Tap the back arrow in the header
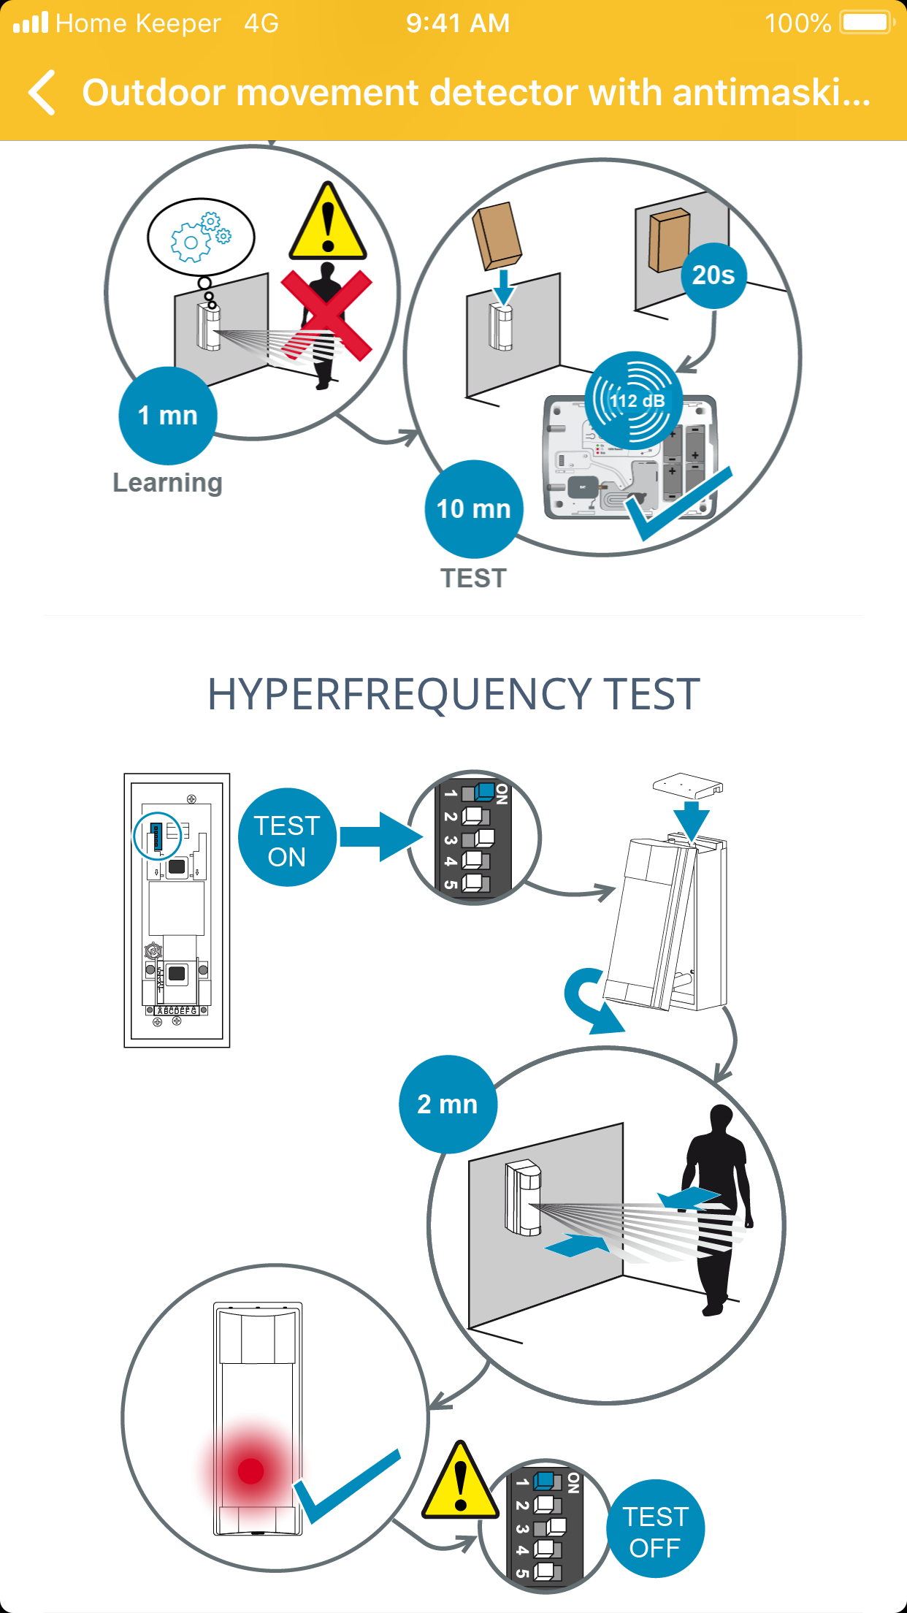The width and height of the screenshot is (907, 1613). point(42,93)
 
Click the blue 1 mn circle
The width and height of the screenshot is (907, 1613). point(168,415)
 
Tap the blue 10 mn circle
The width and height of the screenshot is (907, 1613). point(473,508)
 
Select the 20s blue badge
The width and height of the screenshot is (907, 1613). point(713,275)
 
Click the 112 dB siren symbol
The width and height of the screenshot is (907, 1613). point(635,400)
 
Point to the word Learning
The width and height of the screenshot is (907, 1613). point(167,483)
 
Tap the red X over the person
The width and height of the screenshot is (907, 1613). point(326,314)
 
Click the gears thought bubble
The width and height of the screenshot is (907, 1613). point(201,236)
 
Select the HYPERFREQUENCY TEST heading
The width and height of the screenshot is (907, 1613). point(453,694)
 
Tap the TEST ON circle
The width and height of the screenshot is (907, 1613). point(287,837)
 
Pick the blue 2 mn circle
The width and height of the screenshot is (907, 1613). point(448,1104)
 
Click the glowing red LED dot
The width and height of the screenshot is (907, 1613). point(250,1471)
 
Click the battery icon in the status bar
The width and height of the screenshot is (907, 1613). point(867,23)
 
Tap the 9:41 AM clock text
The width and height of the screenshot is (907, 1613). point(458,23)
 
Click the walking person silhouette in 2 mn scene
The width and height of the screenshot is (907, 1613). point(715,1205)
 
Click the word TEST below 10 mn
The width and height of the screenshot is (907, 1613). point(473,578)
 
